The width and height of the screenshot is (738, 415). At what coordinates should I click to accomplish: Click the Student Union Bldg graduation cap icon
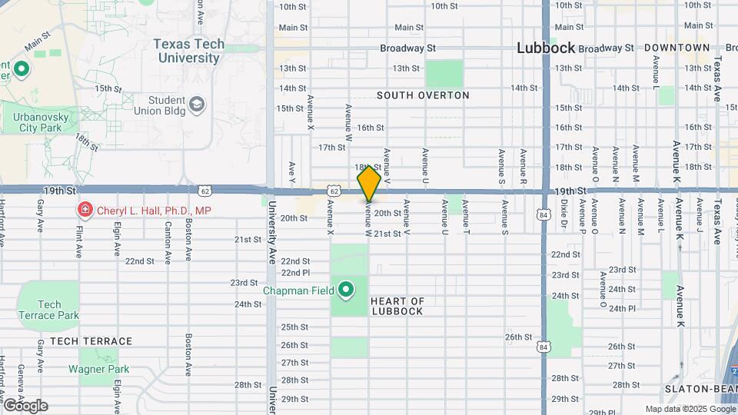click(197, 104)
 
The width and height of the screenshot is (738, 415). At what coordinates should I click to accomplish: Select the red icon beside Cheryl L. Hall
click(83, 210)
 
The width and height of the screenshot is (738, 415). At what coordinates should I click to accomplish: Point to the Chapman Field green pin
click(346, 290)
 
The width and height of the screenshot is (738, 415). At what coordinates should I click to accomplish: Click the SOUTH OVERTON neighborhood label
click(422, 95)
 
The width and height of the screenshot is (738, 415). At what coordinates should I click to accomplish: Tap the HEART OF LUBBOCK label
click(397, 306)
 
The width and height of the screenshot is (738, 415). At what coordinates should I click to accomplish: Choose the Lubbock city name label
click(546, 48)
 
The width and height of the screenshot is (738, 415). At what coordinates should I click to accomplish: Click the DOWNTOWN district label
click(676, 48)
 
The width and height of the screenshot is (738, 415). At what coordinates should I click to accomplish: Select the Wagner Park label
click(98, 369)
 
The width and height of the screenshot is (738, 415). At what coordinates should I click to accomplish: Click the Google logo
click(25, 405)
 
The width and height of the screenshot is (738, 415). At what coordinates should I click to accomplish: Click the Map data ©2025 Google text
click(688, 410)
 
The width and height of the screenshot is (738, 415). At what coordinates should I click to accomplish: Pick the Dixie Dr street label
click(563, 217)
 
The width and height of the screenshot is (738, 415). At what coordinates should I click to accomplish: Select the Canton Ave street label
click(168, 238)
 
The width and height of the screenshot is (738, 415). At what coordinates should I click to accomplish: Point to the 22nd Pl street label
click(295, 272)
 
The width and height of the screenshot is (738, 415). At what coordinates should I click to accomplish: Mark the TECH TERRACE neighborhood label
click(91, 340)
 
